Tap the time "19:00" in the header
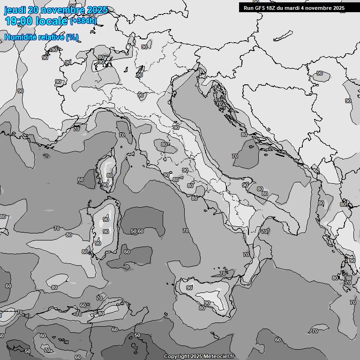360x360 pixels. pyautogui.click(x=19, y=21)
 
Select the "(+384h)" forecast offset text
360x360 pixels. pyautogui.click(x=83, y=21)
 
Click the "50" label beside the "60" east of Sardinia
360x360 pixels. pyautogui.click(x=134, y=231)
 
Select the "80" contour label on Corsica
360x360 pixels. pyautogui.click(x=110, y=175)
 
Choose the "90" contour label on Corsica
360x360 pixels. pyautogui.click(x=105, y=185)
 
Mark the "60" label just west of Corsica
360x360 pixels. pyautogui.click(x=81, y=180)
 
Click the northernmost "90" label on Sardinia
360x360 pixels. pyautogui.click(x=106, y=219)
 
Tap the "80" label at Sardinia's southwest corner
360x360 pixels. pyautogui.click(x=85, y=252)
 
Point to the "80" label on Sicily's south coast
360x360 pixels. pyautogui.click(x=202, y=308)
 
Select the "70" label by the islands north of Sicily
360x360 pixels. pyautogui.click(x=223, y=273)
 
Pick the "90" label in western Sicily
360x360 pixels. pyautogui.click(x=189, y=288)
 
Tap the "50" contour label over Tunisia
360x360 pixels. pyautogui.click(x=137, y=335)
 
